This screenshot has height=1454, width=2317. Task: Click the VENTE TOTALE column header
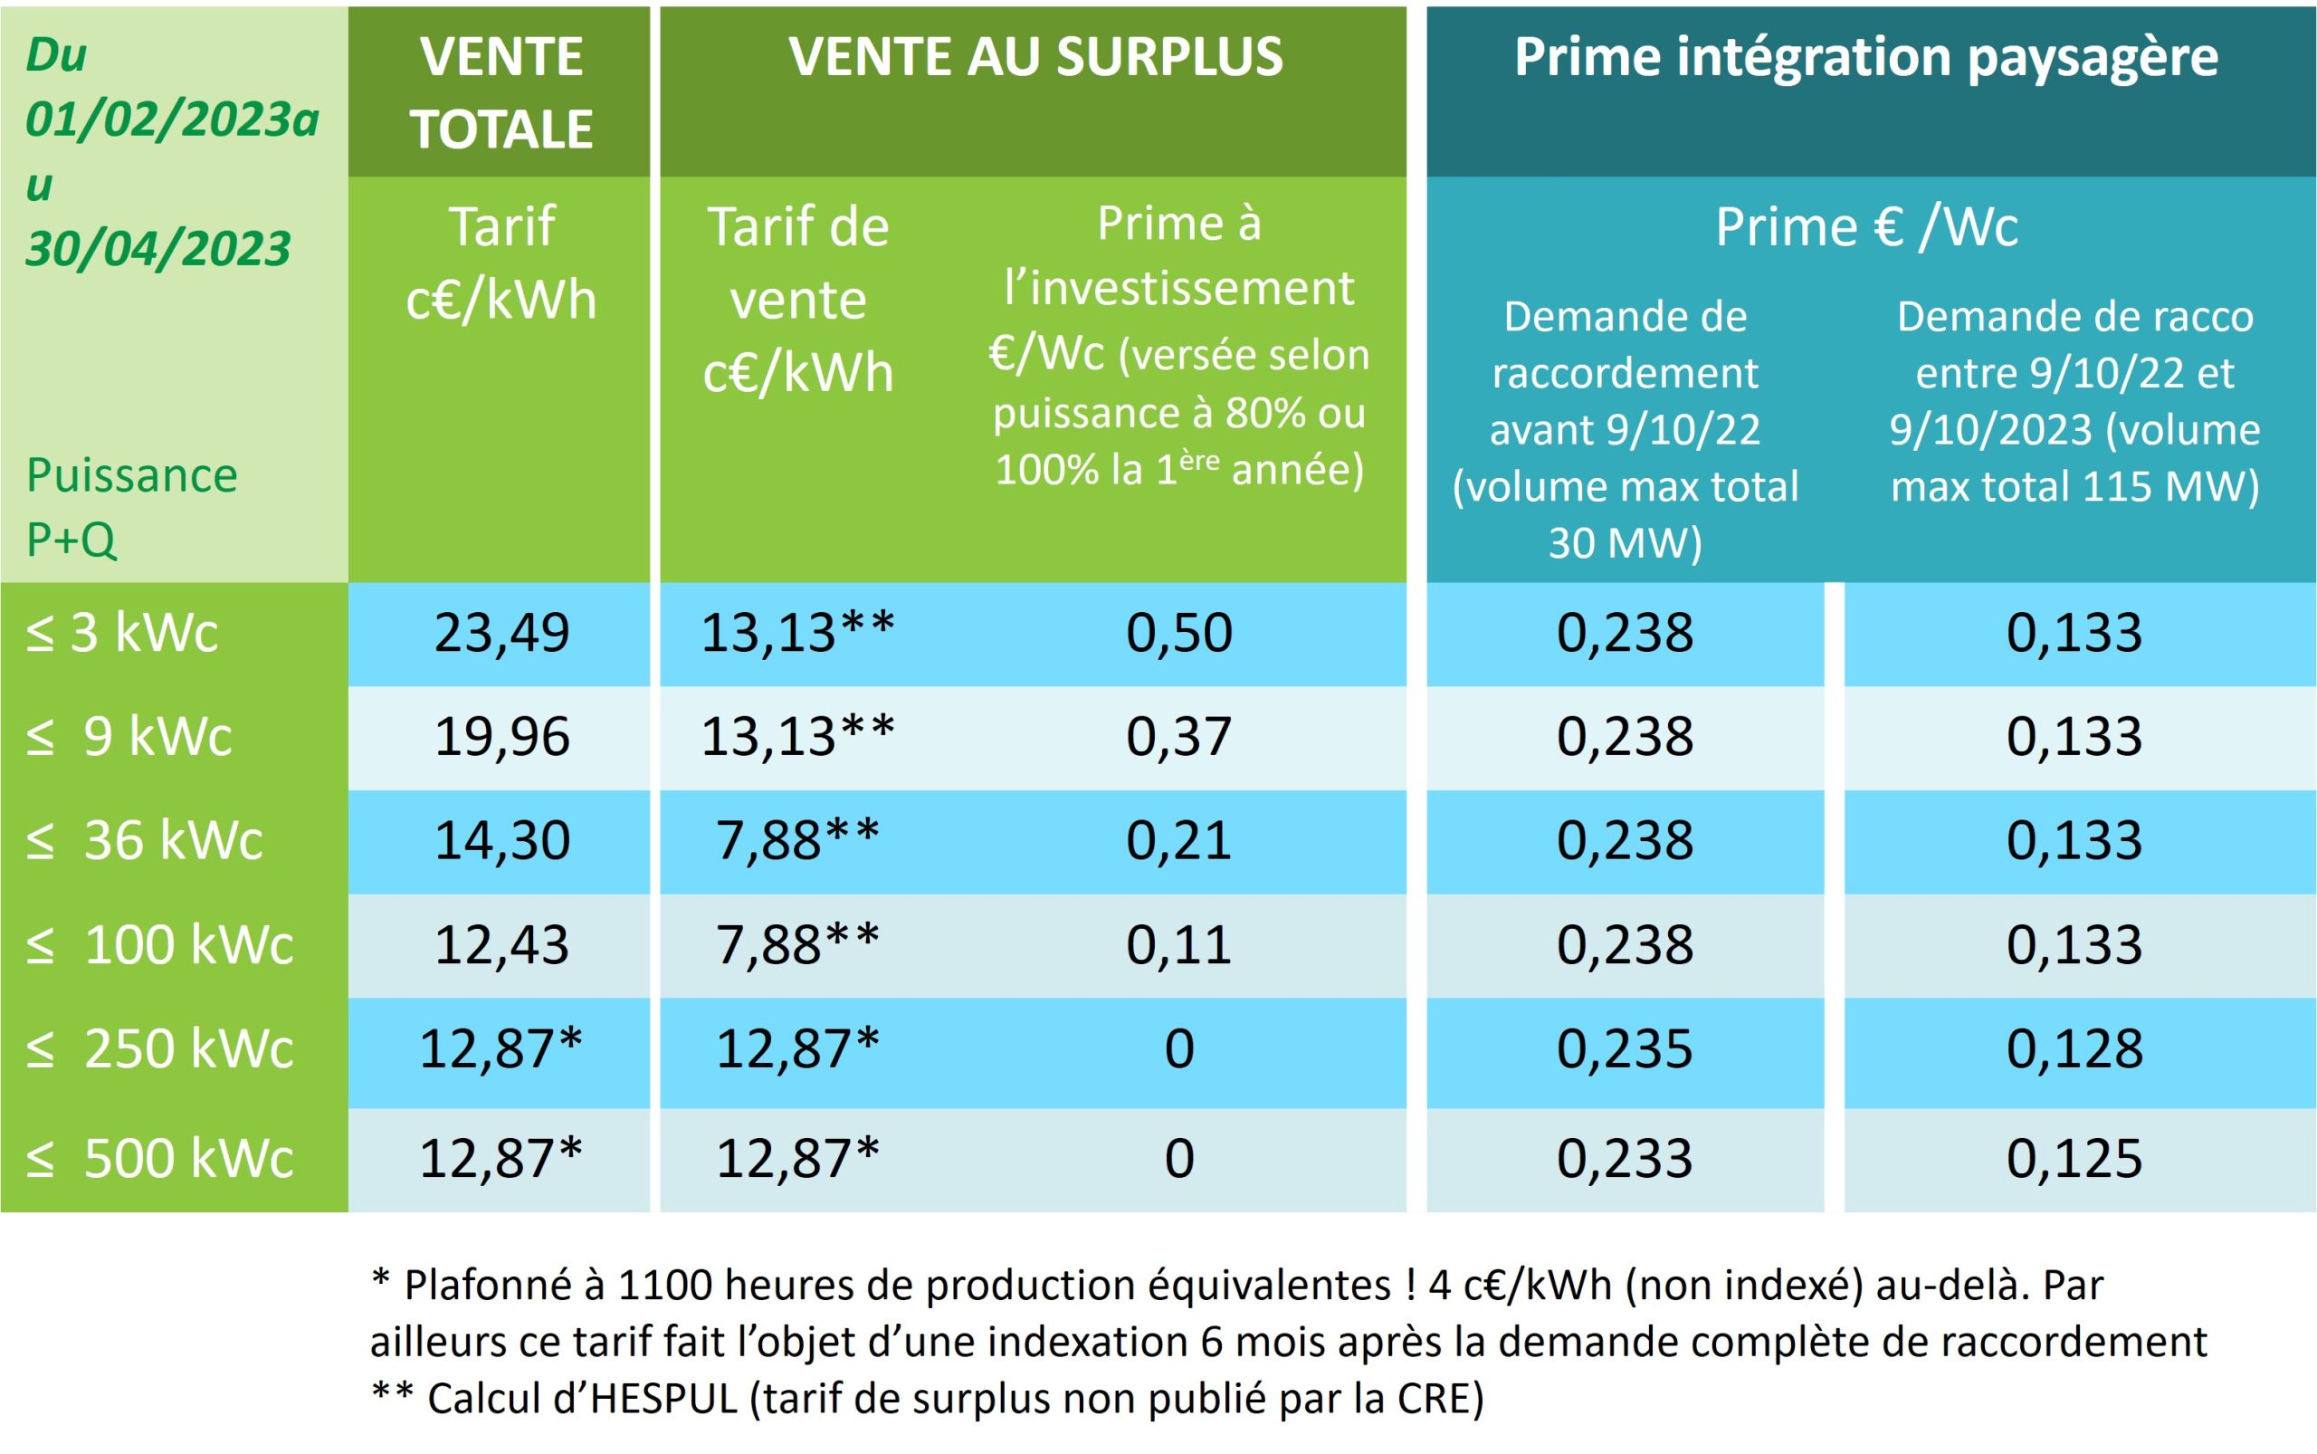[501, 92]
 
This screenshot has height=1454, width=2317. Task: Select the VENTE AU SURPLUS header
[1035, 56]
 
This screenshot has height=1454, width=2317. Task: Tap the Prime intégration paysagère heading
[1866, 56]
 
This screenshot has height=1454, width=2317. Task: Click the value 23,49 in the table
[501, 633]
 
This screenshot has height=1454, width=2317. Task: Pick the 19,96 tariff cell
[501, 737]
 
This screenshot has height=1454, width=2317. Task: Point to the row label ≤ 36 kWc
[144, 840]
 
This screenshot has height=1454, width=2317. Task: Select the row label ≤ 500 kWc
[159, 1158]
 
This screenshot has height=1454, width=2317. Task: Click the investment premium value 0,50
[1178, 633]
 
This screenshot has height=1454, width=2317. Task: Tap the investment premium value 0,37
[1178, 737]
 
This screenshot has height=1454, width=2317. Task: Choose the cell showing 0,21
[1178, 840]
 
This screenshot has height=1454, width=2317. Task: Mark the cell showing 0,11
[1178, 944]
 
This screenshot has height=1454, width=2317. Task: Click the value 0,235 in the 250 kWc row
[1624, 1048]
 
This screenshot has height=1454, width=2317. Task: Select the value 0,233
[1624, 1158]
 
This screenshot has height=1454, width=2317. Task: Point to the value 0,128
[2074, 1048]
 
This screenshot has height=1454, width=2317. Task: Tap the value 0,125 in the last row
[2074, 1158]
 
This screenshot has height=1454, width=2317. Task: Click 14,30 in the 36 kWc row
[501, 840]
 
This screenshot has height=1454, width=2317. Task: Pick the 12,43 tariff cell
[501, 944]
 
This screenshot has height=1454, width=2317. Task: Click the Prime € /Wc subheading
[1866, 227]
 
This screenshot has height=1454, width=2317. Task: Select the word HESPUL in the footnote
[663, 1399]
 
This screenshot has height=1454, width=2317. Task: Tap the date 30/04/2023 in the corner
[157, 249]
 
